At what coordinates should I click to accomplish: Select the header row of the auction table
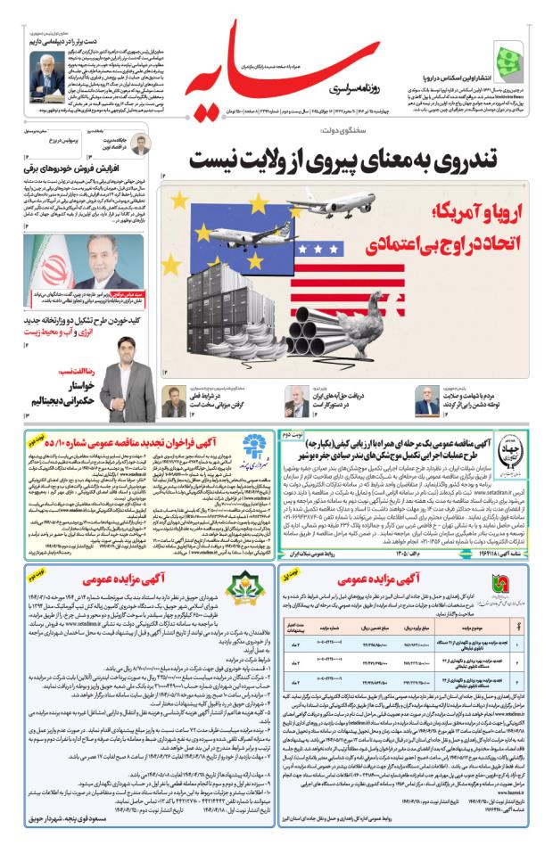click(407, 625)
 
